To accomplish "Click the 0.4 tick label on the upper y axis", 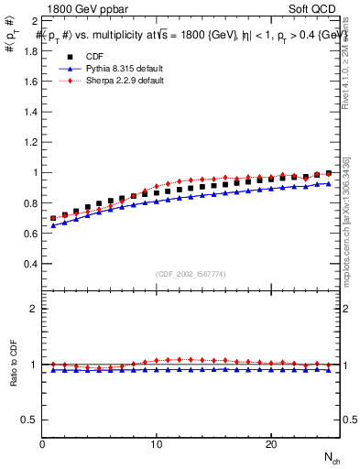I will tap(31, 264).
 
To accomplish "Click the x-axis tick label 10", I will tap(157, 444).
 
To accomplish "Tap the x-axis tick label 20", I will tap(271, 444).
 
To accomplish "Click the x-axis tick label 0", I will tap(42, 444).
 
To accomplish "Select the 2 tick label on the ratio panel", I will tap(34, 309).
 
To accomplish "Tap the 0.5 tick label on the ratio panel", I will tap(31, 420).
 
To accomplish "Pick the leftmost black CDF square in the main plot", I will tap(53, 218).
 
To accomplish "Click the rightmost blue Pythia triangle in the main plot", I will tap(329, 183).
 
